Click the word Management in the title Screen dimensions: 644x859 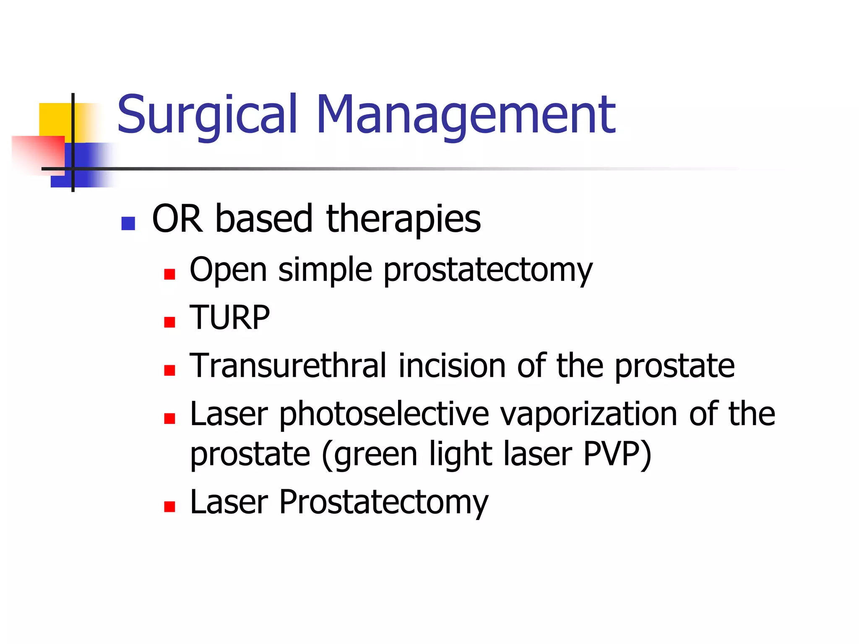pos(466,115)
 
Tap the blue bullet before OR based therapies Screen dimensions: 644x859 pos(128,223)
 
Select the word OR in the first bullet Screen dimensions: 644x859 pos(177,219)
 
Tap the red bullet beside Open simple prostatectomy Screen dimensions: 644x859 pos(169,274)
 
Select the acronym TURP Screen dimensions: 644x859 pos(229,318)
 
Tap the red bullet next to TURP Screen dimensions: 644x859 pos(169,322)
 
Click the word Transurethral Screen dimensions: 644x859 pos(288,366)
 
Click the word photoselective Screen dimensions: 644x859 pos(384,414)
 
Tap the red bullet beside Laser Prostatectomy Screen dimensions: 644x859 pos(169,506)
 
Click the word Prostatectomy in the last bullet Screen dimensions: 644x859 pos(383,502)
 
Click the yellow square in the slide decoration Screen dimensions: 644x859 pos(55,119)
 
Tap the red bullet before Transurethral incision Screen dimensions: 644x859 pos(169,370)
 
